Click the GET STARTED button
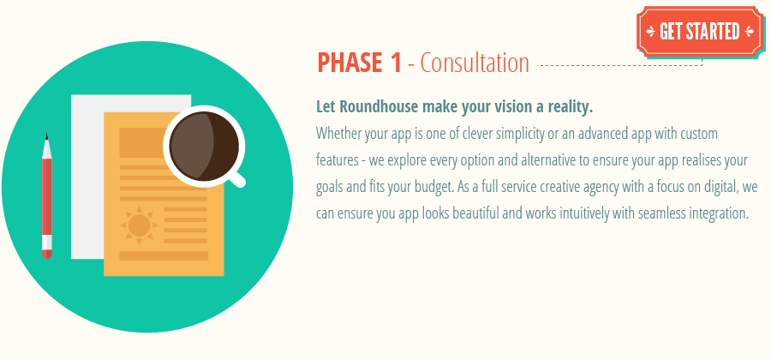[x=699, y=32]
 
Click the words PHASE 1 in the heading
[x=359, y=63]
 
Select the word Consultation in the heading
[x=475, y=63]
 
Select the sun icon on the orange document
[x=140, y=224]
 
